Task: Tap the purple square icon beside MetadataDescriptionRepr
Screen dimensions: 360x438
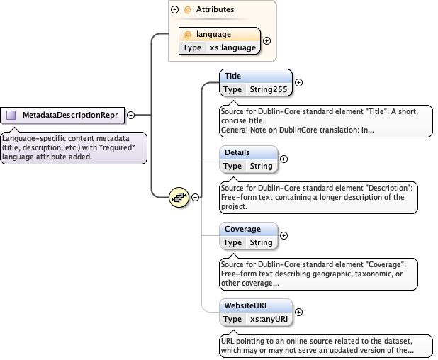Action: tap(11, 115)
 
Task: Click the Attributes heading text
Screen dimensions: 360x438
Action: tap(215, 10)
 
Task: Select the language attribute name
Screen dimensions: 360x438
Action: tap(213, 34)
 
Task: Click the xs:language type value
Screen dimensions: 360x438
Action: tap(232, 47)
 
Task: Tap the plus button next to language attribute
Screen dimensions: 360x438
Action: tap(266, 40)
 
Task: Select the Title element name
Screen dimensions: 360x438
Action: tap(232, 76)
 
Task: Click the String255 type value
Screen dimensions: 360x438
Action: tap(267, 89)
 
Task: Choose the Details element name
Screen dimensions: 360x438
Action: tap(237, 152)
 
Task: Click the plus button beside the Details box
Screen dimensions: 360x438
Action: tap(284, 159)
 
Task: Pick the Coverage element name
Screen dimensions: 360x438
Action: tap(242, 229)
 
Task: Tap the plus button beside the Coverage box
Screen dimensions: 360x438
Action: tap(284, 235)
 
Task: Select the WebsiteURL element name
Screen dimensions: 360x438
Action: tap(247, 305)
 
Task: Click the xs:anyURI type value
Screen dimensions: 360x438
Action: tap(268, 319)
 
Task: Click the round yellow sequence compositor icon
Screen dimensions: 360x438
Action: tap(178, 196)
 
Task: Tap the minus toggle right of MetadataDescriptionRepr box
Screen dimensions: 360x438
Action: tap(130, 115)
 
